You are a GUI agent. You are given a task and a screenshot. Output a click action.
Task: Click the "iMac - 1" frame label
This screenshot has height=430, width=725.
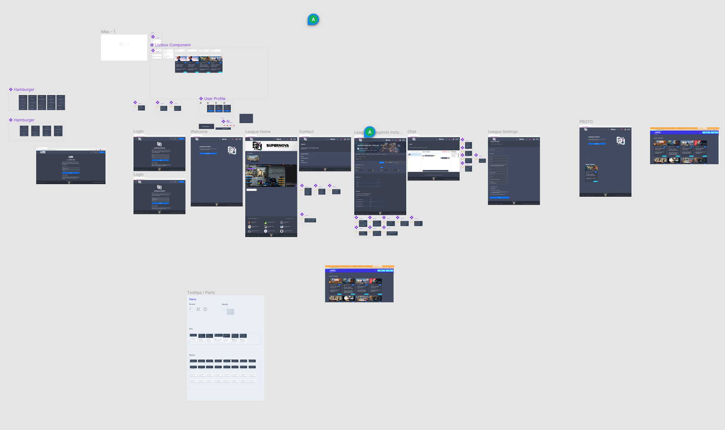point(108,32)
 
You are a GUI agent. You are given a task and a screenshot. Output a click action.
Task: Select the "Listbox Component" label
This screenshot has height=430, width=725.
point(173,45)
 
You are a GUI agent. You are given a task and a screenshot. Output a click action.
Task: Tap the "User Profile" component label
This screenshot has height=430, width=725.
point(214,99)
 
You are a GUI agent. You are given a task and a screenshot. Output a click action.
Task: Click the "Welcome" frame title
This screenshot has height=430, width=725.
point(199,132)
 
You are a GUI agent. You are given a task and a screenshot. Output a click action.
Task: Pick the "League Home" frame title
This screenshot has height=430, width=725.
point(258,132)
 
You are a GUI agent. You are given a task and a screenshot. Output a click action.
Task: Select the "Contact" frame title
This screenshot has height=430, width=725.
point(306,132)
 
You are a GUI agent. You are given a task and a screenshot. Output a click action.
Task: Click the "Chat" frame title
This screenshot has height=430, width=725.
point(412,132)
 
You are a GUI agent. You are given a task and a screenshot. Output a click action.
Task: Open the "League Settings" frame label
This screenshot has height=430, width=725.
point(503,132)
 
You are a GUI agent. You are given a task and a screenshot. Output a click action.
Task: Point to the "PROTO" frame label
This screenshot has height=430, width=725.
point(586,122)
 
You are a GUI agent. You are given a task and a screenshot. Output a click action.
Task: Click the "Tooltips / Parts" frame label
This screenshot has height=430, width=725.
point(201,293)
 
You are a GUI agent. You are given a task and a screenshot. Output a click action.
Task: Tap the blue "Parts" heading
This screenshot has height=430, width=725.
point(193,299)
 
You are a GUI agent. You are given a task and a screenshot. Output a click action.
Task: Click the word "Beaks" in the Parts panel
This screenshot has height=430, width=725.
point(192,304)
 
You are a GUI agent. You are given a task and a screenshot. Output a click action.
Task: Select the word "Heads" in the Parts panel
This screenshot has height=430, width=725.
point(225,304)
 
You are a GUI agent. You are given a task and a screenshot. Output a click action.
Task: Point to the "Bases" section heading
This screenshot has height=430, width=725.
point(192,355)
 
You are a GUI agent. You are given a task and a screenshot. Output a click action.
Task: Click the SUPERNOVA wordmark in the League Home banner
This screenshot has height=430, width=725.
point(278,145)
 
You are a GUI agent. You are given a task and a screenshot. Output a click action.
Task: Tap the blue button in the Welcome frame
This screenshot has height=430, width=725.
point(208,153)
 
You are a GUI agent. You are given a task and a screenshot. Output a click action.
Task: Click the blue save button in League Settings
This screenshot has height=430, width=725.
point(499,198)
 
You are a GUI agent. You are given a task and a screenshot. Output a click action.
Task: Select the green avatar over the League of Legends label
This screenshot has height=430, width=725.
point(370,132)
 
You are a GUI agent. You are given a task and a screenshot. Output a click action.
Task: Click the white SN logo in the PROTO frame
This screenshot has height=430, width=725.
point(620,141)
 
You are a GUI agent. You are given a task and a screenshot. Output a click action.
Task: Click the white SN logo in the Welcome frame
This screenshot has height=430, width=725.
point(232,150)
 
